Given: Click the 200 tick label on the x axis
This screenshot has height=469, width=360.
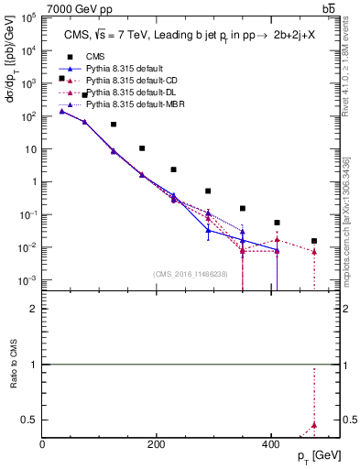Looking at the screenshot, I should click(x=156, y=443).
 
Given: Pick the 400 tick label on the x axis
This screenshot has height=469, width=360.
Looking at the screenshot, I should click(x=269, y=443).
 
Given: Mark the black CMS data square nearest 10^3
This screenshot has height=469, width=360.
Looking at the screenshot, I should click(x=61, y=79).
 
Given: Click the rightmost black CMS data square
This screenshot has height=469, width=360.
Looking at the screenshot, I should click(x=314, y=241).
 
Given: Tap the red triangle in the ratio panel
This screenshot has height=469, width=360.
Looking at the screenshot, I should click(x=314, y=425).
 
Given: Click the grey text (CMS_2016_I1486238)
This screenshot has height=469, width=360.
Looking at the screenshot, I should click(x=191, y=274).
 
